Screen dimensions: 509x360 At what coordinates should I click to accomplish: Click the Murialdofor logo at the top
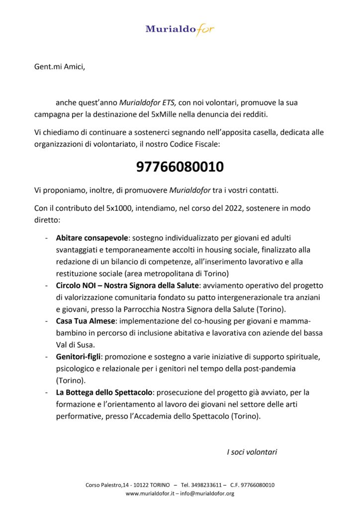(180, 29)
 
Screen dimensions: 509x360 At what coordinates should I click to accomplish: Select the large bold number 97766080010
(180, 168)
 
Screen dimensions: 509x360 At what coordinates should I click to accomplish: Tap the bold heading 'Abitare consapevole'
(92, 238)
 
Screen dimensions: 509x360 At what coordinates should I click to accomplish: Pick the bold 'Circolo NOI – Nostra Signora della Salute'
(127, 285)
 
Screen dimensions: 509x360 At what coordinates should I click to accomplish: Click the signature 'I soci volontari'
(252, 452)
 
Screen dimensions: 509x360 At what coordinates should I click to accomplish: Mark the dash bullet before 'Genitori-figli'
(46, 357)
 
